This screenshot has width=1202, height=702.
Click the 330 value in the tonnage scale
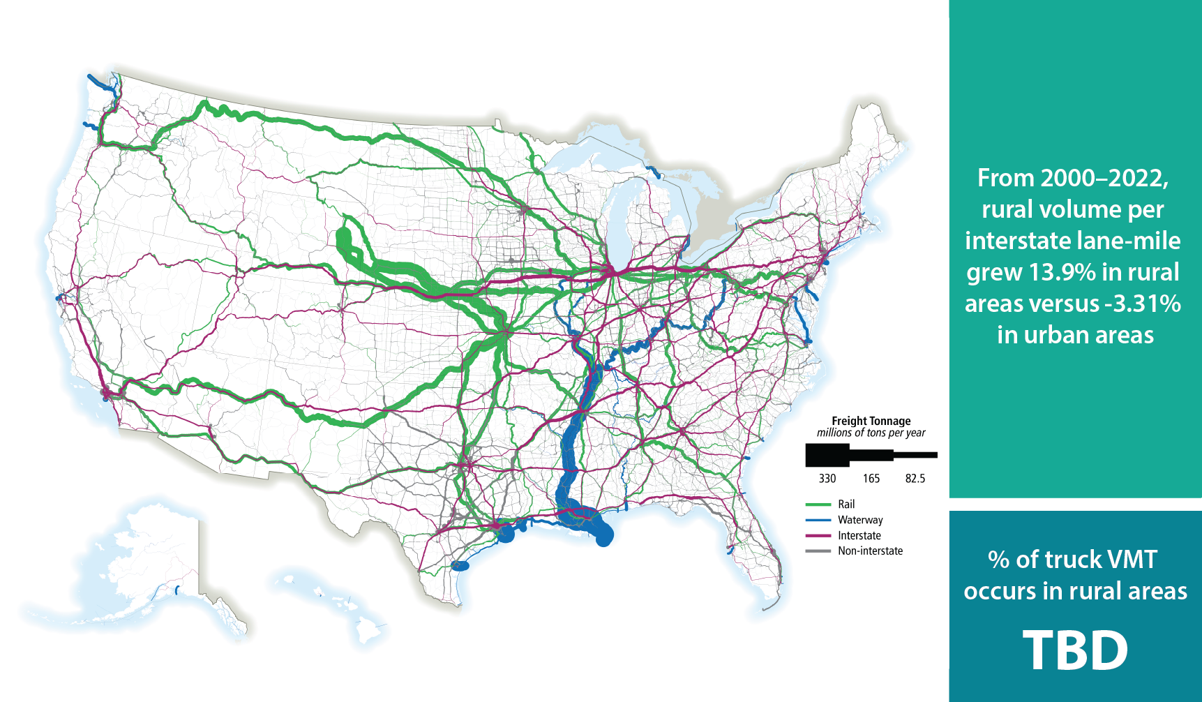coord(827,479)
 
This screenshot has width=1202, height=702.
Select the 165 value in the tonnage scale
coord(871,479)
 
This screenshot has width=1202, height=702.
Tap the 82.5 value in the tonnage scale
coord(915,479)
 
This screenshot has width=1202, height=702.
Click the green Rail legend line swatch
coord(818,505)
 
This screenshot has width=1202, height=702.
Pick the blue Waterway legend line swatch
coord(818,520)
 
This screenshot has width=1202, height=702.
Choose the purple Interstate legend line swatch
coord(818,536)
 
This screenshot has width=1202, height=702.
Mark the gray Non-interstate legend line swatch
coord(818,551)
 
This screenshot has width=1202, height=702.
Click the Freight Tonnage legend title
coord(871,421)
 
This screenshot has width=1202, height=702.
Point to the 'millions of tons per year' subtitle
coord(871,433)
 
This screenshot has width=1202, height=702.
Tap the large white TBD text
coord(1075,650)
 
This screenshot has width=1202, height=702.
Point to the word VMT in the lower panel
coord(1130,560)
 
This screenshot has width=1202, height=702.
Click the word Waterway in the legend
coord(860,520)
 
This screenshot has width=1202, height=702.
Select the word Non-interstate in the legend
coord(870,551)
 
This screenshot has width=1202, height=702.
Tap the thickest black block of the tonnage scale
coord(827,455)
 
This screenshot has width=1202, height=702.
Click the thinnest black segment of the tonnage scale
coord(915,455)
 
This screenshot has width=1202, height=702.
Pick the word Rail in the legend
coord(846,505)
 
